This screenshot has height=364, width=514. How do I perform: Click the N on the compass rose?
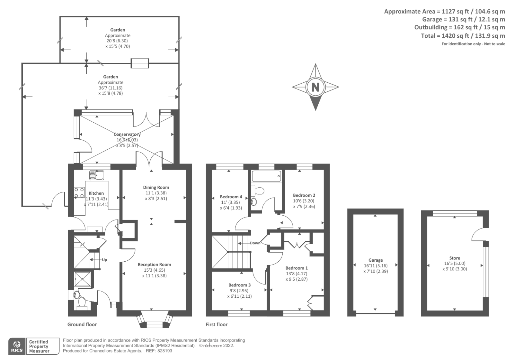(315, 87)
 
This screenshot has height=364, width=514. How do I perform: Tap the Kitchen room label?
(96, 193)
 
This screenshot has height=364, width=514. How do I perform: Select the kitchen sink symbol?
(97, 175)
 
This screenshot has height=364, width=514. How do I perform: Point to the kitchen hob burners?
(79, 192)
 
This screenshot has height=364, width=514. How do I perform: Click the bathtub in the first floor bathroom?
(266, 176)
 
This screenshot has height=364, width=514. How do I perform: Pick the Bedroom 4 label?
(231, 197)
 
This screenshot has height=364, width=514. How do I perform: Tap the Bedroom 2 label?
(304, 195)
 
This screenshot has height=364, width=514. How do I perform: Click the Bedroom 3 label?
(239, 285)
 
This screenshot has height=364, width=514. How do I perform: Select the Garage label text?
(376, 260)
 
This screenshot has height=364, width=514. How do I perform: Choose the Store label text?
(455, 258)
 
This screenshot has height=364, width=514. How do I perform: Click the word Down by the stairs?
(255, 243)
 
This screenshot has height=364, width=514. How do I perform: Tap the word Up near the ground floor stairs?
(104, 260)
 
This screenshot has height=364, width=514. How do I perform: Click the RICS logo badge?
(17, 346)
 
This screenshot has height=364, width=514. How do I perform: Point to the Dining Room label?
(156, 187)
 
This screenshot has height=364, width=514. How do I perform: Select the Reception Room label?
(154, 265)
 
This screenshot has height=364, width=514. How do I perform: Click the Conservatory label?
(127, 134)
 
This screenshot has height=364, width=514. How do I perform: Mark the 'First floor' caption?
(217, 324)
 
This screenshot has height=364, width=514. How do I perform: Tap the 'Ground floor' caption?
(82, 324)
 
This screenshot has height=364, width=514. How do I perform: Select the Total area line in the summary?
(463, 36)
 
